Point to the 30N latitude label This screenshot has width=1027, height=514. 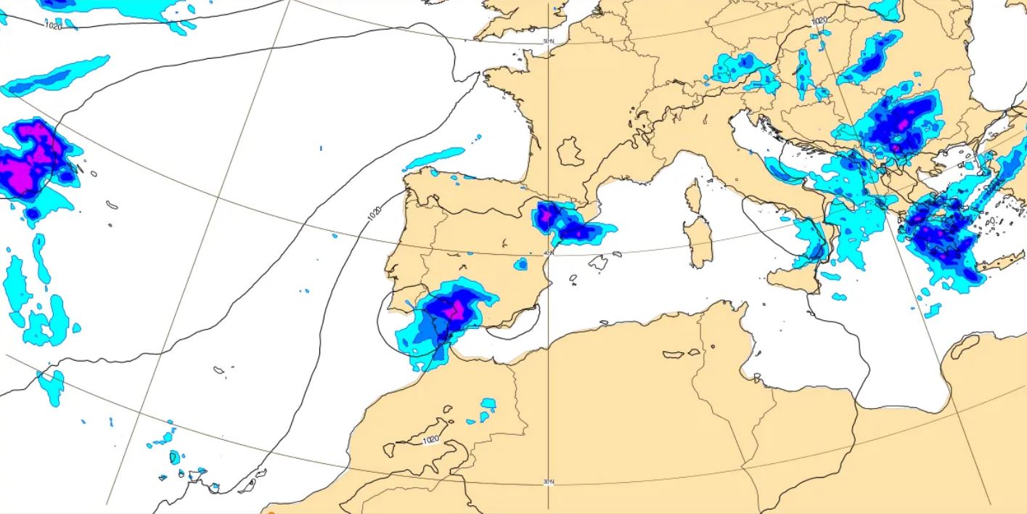(x=548, y=481)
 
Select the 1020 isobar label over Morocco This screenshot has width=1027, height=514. (x=430, y=440)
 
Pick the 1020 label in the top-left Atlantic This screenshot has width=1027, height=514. (x=53, y=26)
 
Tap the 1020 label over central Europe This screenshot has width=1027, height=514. (x=819, y=21)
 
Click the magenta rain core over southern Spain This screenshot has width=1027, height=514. (x=456, y=310)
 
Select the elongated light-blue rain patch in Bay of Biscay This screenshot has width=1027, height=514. (x=434, y=158)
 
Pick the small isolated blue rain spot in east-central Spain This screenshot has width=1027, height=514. (x=520, y=264)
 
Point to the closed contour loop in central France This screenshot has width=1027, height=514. (x=570, y=152)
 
